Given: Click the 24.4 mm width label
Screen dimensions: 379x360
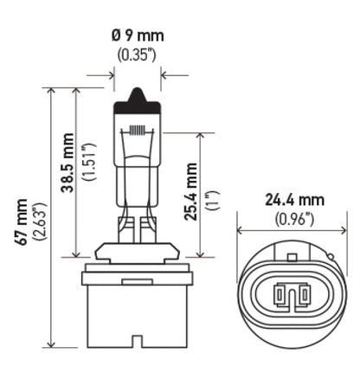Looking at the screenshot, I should (293, 200).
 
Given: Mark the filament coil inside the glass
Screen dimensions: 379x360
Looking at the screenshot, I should (138, 132).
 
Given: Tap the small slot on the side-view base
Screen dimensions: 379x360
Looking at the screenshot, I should (137, 282).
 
